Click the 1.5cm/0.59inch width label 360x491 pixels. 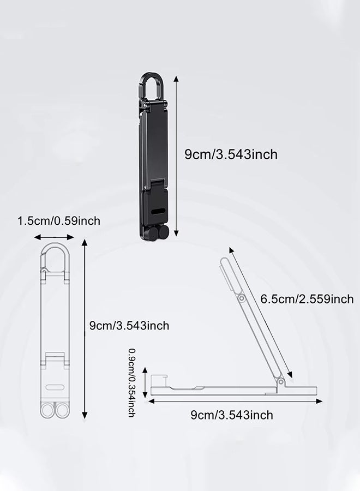59,221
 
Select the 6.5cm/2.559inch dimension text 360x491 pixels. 307,299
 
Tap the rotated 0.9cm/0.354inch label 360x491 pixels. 132,382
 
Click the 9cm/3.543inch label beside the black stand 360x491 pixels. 231,154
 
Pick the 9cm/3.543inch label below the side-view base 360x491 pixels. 232,415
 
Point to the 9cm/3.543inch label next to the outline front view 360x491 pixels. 129,326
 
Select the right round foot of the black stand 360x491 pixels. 164,232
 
